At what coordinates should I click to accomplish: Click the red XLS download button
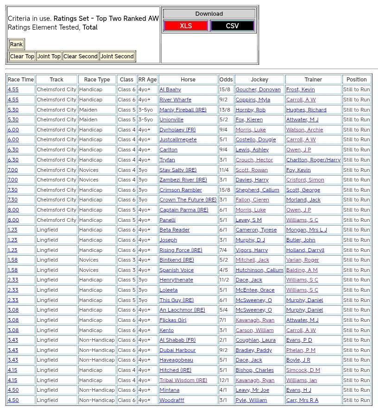186,26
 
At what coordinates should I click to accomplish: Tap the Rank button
16,44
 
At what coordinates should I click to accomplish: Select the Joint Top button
49,56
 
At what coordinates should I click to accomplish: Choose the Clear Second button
81,56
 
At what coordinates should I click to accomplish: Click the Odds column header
226,80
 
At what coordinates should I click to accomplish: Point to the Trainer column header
313,80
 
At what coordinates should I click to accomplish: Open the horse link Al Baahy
170,90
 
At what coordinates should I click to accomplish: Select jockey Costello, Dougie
256,140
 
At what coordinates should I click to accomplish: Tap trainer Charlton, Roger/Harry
313,160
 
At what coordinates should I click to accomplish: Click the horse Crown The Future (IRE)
188,200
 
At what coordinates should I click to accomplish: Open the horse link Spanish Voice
176,270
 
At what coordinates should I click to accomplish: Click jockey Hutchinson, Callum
259,270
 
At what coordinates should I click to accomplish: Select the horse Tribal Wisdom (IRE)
183,380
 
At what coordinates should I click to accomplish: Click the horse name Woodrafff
172,400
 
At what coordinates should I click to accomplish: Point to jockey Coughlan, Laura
255,340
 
